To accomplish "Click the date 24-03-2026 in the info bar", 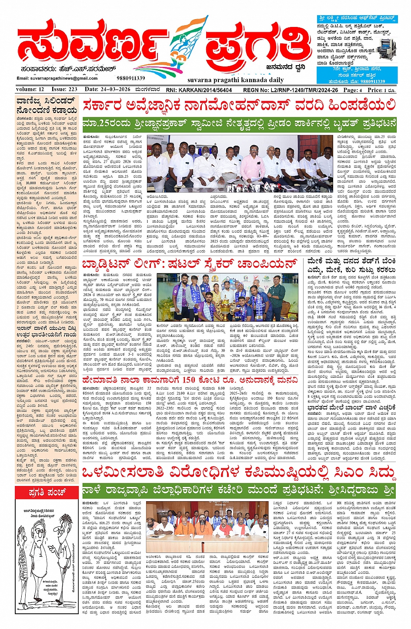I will (107, 90).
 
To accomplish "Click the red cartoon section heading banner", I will (48, 493).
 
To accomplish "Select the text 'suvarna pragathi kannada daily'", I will (230, 80).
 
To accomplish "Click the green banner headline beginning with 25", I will (239, 123).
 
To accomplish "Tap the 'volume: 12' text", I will (30, 90).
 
